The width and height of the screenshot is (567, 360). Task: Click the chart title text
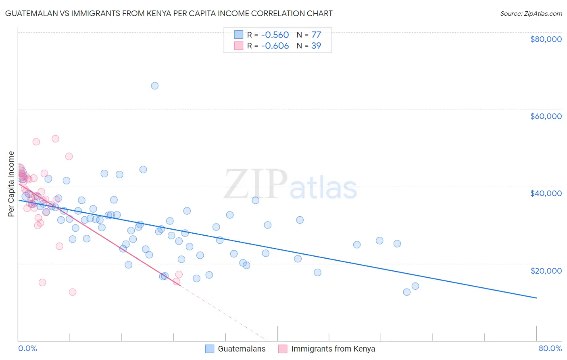click(x=169, y=13)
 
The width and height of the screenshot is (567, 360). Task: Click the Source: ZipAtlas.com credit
click(x=531, y=14)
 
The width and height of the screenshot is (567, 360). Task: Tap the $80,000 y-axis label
click(x=546, y=39)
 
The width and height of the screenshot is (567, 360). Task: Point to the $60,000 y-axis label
click(x=546, y=116)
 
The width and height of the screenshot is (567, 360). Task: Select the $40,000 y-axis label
click(x=546, y=193)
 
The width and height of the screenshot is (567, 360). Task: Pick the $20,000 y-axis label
click(x=546, y=270)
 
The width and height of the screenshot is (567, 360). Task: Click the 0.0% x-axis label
click(x=27, y=348)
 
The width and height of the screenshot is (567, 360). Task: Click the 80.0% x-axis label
click(x=550, y=348)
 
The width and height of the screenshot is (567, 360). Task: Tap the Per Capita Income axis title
click(x=11, y=184)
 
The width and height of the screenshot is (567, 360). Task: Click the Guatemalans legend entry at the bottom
click(x=242, y=349)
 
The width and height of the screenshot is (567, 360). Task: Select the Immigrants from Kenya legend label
click(x=333, y=349)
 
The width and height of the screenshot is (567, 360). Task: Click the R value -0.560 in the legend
click(x=275, y=35)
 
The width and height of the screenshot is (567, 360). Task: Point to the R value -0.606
click(x=275, y=46)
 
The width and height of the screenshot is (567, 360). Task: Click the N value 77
click(x=316, y=35)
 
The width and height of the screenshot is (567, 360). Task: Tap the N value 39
click(x=316, y=46)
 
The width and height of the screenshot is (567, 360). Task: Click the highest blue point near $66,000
click(x=154, y=86)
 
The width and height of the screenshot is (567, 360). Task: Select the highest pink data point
click(x=55, y=138)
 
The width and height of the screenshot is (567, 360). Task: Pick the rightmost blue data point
click(x=415, y=286)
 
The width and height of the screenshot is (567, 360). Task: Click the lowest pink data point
click(x=73, y=292)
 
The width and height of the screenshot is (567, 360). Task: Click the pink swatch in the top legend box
click(x=239, y=46)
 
